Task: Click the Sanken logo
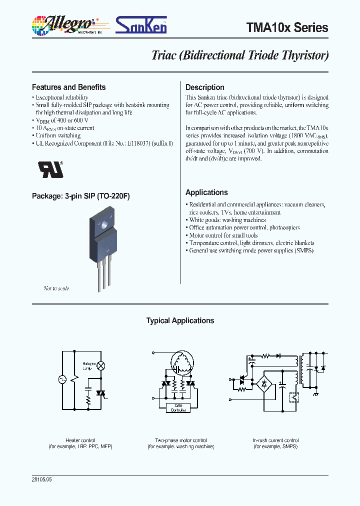(141, 24)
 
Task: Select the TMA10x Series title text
(287, 27)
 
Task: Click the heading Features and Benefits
(68, 87)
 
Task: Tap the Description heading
(204, 87)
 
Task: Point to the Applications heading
(206, 192)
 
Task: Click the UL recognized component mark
(51, 169)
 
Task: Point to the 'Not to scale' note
(56, 288)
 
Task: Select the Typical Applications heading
(180, 321)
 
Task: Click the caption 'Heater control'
(80, 440)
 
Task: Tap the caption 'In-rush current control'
(275, 440)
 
